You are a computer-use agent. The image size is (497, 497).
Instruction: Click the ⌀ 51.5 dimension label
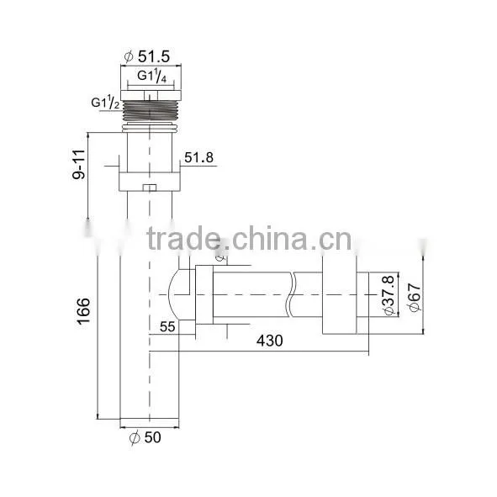[147, 56]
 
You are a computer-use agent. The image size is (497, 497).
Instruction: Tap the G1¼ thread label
[152, 76]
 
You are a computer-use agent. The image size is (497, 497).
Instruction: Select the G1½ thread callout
[106, 103]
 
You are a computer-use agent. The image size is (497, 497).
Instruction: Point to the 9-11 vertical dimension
[78, 165]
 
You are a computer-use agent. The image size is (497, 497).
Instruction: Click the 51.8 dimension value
[199, 157]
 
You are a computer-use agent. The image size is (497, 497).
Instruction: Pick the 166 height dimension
[84, 311]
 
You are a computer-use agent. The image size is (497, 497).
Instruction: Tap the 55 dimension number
[167, 327]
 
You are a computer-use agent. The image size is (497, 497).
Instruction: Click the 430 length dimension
[269, 341]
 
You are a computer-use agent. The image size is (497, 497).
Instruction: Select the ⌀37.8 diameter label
[389, 295]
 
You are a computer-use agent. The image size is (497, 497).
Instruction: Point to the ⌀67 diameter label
[415, 297]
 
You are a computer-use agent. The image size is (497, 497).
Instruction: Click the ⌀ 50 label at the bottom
[145, 437]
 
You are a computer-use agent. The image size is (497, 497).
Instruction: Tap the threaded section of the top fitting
[150, 111]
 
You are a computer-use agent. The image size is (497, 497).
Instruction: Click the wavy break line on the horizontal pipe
[292, 294]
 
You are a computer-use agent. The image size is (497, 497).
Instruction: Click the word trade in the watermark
[183, 238]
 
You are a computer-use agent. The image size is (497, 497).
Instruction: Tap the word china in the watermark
[270, 238]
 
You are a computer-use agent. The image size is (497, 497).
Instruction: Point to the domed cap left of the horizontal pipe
[172, 295]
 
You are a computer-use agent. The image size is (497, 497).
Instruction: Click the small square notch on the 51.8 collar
[150, 188]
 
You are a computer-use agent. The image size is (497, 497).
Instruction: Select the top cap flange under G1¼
[151, 95]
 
